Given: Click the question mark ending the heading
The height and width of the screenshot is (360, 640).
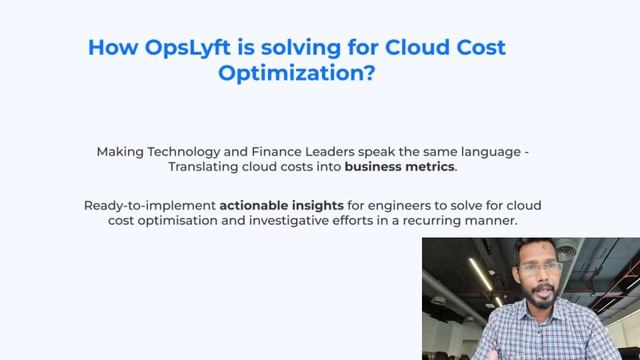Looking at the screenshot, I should click(370, 74).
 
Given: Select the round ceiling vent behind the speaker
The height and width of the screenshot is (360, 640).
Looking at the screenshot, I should click(568, 253).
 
